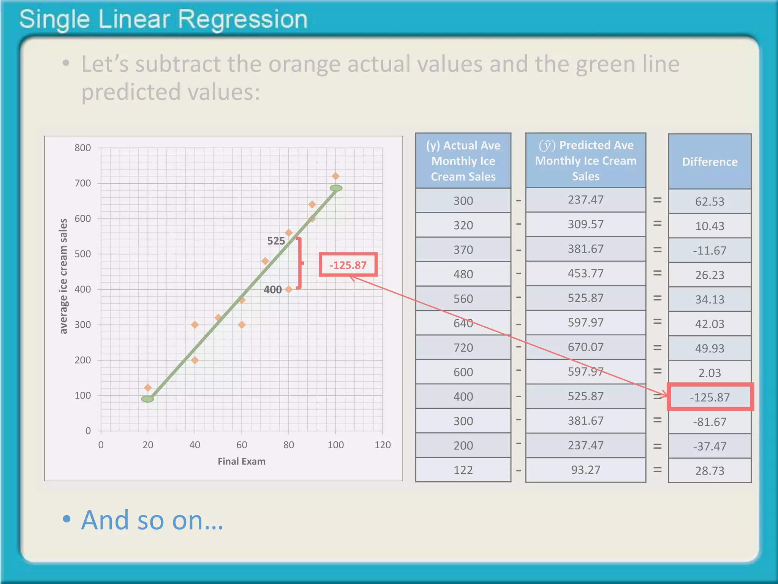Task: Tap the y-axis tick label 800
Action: tap(83, 148)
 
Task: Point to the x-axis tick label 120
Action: tap(382, 445)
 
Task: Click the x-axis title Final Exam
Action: tap(242, 462)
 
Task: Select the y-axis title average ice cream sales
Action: tap(63, 276)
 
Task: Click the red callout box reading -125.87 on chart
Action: tap(348, 265)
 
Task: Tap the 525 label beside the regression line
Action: tap(276, 241)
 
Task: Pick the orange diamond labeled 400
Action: tap(289, 289)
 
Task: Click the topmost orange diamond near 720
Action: tap(335, 176)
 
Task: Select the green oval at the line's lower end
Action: tap(148, 399)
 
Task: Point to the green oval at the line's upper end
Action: tap(336, 188)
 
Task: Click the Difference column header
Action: tap(710, 162)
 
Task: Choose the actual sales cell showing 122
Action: tap(463, 470)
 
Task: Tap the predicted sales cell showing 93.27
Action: tap(585, 470)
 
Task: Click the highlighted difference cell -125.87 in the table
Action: tap(710, 397)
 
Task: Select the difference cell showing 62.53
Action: tap(710, 202)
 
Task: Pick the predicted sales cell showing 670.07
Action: tap(585, 347)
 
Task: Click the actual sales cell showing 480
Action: tap(463, 275)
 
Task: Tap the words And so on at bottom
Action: tap(152, 520)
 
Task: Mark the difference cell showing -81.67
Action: tap(710, 422)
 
